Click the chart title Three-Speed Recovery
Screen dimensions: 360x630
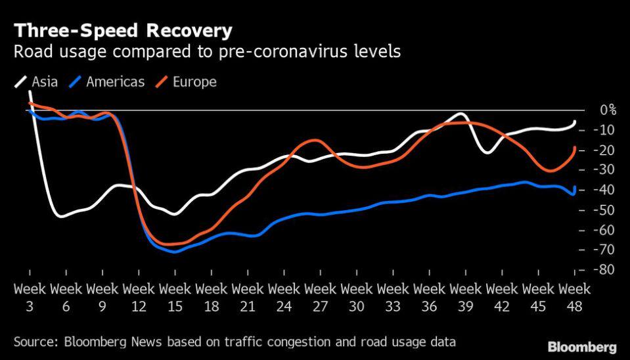click(x=122, y=31)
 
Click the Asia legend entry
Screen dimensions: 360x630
click(x=43, y=82)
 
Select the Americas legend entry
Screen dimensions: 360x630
click(x=114, y=82)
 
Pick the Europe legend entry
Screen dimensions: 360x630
click(x=194, y=82)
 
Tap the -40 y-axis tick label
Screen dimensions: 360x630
click(x=604, y=190)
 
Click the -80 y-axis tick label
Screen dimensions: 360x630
click(x=604, y=270)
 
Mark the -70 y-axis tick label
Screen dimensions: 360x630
click(x=604, y=250)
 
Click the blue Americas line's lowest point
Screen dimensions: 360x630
click(x=174, y=252)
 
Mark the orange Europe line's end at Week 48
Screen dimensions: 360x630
click(x=575, y=148)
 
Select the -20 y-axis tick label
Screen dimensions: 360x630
click(x=604, y=150)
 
